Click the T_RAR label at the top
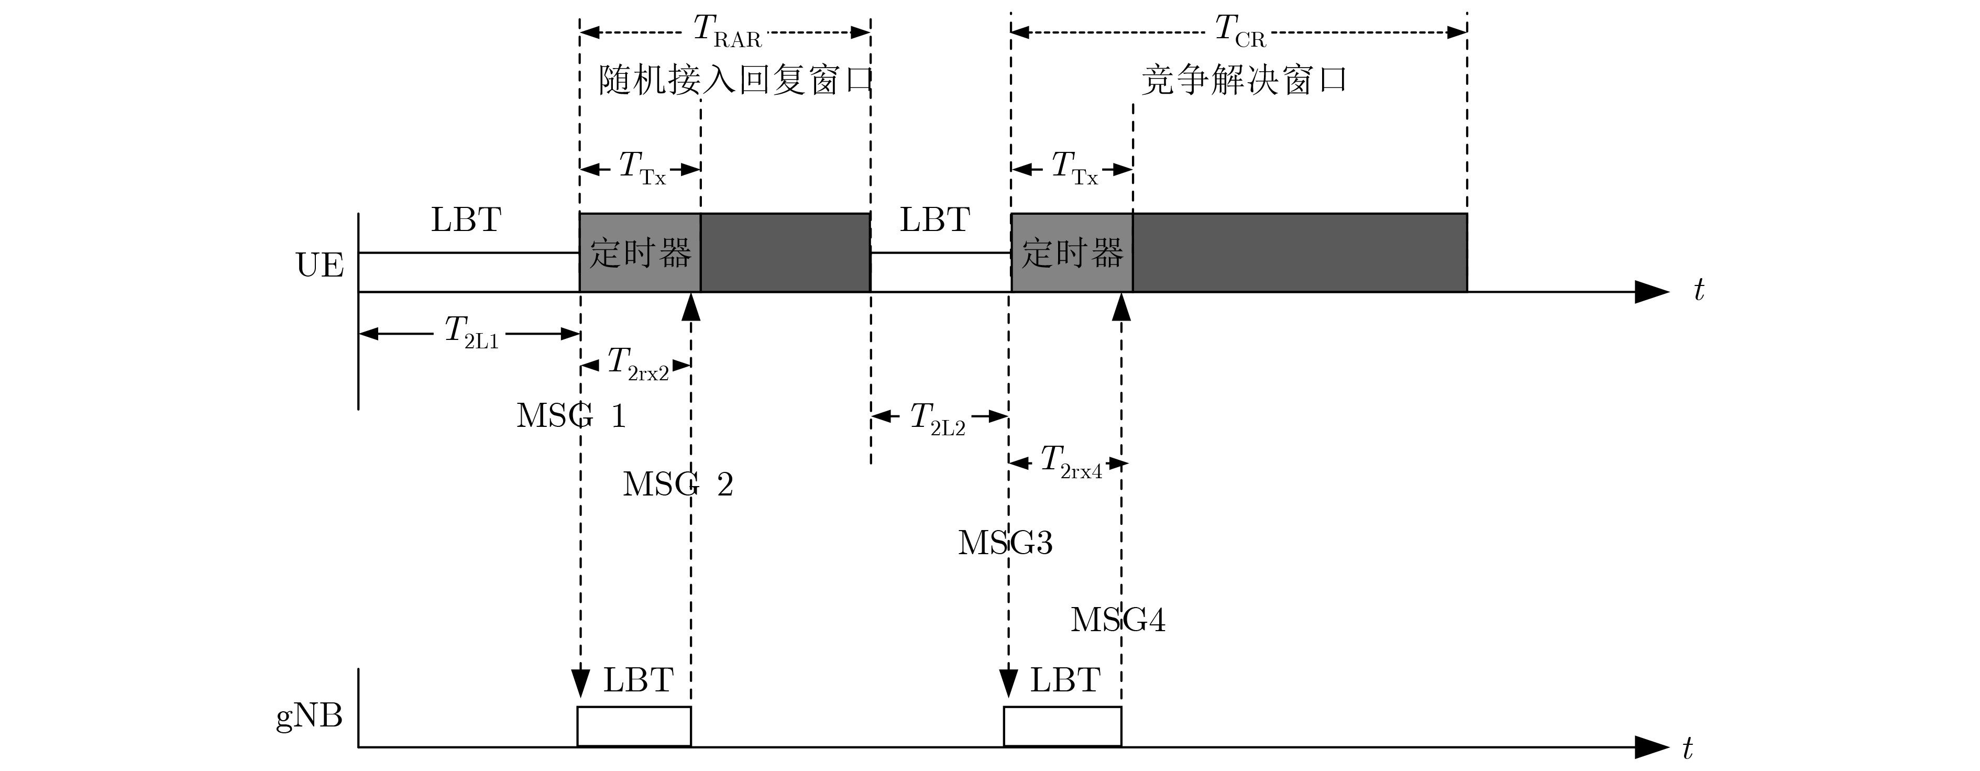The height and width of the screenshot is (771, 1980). point(727,32)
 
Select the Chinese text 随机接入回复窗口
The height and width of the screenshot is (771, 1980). point(735,81)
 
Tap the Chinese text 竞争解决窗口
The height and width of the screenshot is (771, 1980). point(1244,81)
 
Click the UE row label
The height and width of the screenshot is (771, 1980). point(320,265)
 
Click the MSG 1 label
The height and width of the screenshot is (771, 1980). point(571,416)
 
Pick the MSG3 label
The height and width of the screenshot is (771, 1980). point(1005,543)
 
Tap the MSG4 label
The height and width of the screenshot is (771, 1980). point(1118,620)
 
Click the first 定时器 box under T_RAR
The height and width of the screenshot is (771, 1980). point(640,253)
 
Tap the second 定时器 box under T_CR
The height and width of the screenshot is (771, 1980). point(1072,253)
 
